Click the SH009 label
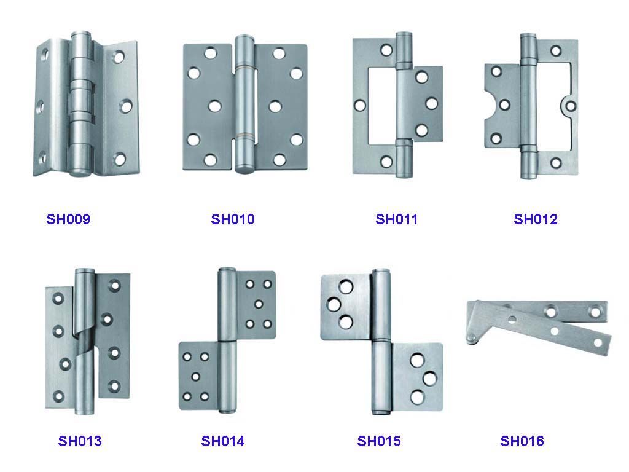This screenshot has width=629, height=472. (68, 219)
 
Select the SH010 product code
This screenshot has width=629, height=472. (233, 219)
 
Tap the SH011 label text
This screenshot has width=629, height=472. (396, 219)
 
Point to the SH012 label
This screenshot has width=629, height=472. (536, 219)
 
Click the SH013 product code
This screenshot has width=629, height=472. (80, 441)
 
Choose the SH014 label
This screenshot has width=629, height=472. (222, 441)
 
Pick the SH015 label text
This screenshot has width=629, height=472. (378, 441)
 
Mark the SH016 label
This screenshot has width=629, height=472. (522, 441)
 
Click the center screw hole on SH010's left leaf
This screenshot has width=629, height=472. (214, 106)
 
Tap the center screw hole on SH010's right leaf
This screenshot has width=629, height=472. (275, 106)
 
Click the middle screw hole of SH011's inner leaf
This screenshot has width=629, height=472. (432, 103)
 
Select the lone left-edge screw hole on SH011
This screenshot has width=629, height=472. (360, 106)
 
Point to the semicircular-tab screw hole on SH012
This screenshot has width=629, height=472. (570, 106)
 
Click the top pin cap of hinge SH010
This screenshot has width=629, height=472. (244, 40)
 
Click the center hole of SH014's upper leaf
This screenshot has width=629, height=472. (259, 304)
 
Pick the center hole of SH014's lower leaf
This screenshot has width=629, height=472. (196, 377)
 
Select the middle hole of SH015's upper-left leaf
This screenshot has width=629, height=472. (334, 305)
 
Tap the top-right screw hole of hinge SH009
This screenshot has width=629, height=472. (118, 57)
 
